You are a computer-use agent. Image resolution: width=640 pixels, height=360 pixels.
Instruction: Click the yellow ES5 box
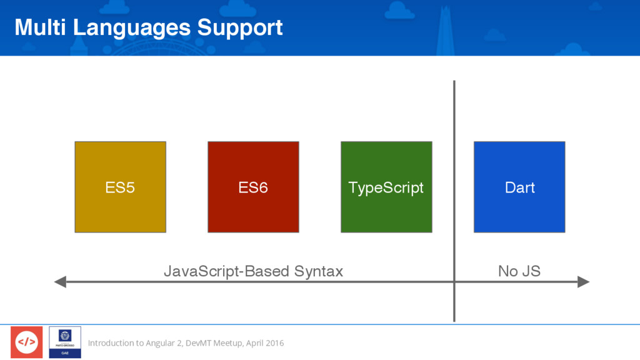tap(121, 187)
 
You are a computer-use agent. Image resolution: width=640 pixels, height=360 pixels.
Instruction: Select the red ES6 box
tap(254, 187)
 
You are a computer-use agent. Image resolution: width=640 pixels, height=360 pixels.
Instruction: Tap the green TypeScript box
tap(386, 187)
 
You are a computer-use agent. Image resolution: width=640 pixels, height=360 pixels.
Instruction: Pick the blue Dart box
tap(519, 187)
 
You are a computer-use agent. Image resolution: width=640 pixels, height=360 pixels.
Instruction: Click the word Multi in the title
tap(40, 27)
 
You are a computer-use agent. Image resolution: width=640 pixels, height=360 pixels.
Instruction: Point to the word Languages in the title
tap(132, 29)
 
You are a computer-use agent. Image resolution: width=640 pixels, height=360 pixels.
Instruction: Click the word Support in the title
tap(240, 29)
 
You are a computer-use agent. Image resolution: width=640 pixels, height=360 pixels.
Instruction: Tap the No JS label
tap(519, 271)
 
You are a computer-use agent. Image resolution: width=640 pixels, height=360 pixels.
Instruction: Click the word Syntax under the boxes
tap(318, 271)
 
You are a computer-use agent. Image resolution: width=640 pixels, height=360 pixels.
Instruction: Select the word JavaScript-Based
tap(226, 271)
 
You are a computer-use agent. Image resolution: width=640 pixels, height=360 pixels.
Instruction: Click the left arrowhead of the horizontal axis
tap(60, 282)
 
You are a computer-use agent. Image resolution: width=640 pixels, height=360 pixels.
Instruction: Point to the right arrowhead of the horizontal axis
tap(583, 282)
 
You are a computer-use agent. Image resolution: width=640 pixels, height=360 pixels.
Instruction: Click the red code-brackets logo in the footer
tap(26, 342)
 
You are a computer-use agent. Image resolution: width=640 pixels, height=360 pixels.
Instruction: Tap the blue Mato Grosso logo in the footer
tap(65, 342)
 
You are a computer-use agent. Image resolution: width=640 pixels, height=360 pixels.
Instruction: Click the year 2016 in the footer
tap(274, 343)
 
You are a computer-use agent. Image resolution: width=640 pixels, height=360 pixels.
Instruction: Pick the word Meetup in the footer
tap(228, 343)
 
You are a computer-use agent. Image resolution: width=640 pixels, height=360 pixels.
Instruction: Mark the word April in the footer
tap(254, 343)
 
